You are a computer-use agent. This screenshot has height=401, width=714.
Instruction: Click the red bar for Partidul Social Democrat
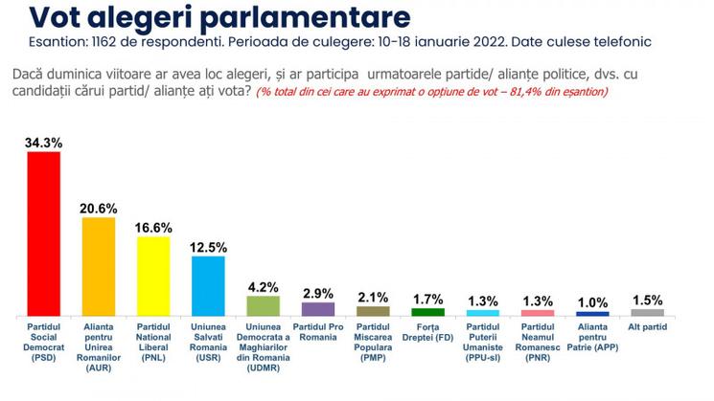pyautogui.click(x=43, y=234)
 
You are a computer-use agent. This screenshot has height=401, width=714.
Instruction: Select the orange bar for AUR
pyautogui.click(x=98, y=266)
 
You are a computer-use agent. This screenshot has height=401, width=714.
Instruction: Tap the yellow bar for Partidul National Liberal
pyautogui.click(x=153, y=276)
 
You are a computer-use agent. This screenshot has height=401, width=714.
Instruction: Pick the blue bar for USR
pyautogui.click(x=208, y=285)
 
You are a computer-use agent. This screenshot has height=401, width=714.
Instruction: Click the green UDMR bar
pyautogui.click(x=263, y=305)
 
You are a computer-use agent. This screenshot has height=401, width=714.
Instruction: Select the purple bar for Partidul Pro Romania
pyautogui.click(x=318, y=309)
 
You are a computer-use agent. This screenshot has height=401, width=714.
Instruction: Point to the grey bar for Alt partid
pyautogui.click(x=648, y=312)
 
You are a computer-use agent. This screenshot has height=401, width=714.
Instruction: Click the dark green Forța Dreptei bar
pyautogui.click(x=428, y=312)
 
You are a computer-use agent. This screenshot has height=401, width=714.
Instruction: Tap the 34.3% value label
pyautogui.click(x=43, y=143)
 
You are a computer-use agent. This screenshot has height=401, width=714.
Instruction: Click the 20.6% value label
pyautogui.click(x=98, y=208)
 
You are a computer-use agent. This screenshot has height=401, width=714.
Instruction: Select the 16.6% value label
pyautogui.click(x=153, y=227)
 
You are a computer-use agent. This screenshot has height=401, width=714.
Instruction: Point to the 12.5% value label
pyautogui.click(x=208, y=247)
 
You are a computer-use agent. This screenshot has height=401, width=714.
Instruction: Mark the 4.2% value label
pyautogui.click(x=263, y=286)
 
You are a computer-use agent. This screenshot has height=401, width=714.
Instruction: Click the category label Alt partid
pyautogui.click(x=648, y=327)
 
